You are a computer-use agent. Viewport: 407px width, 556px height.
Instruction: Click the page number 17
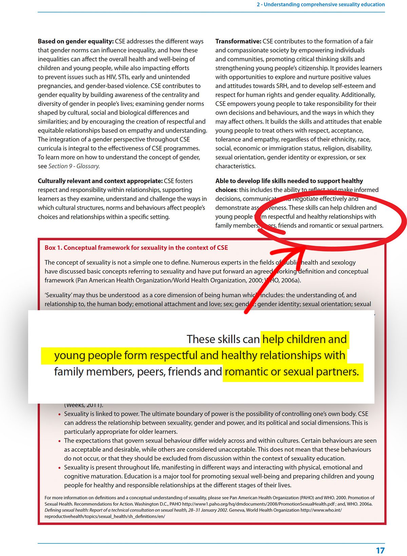tap(380, 550)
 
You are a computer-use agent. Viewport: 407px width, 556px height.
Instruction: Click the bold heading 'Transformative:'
tap(238, 41)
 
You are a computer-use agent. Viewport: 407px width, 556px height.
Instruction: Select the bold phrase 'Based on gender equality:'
tap(76, 41)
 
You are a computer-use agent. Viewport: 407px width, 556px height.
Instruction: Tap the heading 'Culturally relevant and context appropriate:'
tap(100, 181)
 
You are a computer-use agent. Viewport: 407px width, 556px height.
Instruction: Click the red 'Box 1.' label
tap(53, 248)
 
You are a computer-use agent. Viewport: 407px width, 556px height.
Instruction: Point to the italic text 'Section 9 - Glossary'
tap(74, 166)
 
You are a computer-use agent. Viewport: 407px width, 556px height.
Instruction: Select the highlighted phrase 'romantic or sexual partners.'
tap(292, 372)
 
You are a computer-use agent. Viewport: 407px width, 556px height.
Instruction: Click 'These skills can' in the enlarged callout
tap(223, 339)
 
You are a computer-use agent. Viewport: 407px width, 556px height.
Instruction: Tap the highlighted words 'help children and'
tap(305, 339)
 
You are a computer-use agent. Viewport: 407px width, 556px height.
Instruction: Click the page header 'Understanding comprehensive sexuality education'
tap(324, 5)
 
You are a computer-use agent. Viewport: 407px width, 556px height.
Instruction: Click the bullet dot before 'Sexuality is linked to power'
tap(60, 414)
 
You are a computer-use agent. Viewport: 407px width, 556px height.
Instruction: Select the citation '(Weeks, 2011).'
tap(83, 405)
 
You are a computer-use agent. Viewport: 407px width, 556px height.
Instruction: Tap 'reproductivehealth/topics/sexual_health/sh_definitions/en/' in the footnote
tap(105, 517)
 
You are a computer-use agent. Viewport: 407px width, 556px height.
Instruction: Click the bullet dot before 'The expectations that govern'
tap(60, 441)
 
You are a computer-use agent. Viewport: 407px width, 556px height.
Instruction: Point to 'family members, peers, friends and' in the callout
tap(138, 372)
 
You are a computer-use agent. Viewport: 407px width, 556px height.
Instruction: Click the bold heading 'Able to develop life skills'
tap(289, 181)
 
